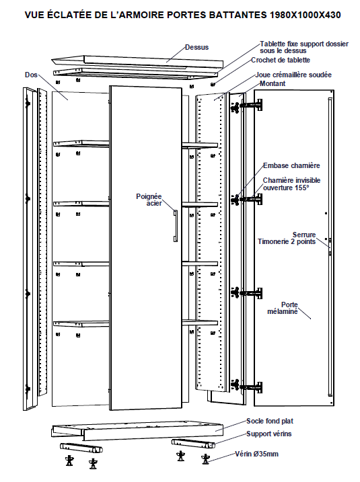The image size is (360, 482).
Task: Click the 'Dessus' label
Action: (x=196, y=47)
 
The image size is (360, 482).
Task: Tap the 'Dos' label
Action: (x=31, y=75)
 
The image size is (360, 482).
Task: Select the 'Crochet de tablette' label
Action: (x=281, y=60)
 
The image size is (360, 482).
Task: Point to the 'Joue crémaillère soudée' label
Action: (x=293, y=75)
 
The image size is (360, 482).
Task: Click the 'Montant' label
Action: (x=273, y=83)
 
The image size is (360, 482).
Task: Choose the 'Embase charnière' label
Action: (x=291, y=165)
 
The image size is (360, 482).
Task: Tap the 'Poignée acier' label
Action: (x=149, y=200)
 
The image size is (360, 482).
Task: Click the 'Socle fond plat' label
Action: (x=270, y=421)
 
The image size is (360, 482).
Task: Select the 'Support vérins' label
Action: (x=269, y=434)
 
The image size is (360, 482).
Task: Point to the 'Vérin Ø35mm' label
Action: (x=256, y=454)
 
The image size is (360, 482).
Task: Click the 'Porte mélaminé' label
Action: (x=283, y=308)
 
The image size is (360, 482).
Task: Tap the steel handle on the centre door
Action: (x=175, y=226)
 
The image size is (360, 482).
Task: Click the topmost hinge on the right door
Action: (x=246, y=105)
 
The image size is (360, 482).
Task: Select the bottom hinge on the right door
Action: (x=246, y=387)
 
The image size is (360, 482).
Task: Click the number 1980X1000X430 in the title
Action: (x=305, y=15)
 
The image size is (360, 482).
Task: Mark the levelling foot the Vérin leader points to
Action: (x=205, y=458)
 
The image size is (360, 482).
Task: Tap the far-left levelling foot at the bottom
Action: (x=70, y=460)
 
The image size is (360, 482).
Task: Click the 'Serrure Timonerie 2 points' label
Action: (x=287, y=238)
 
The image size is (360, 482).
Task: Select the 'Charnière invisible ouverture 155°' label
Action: (x=291, y=184)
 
